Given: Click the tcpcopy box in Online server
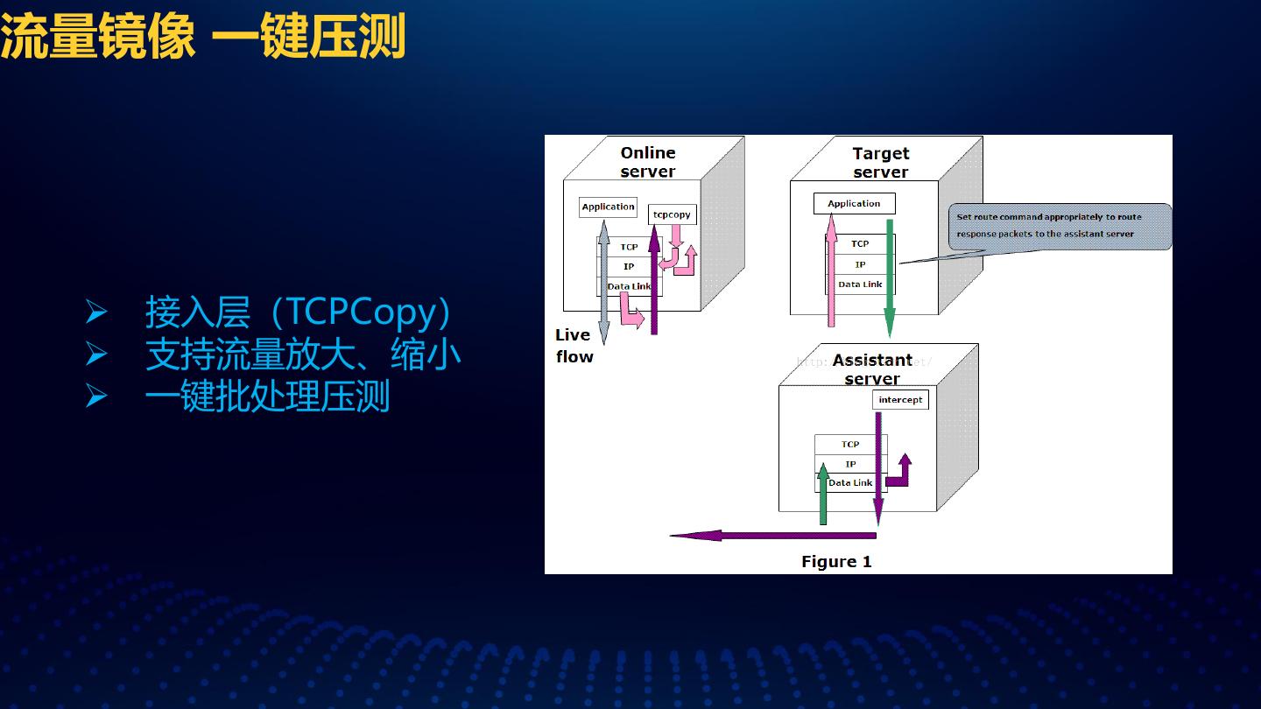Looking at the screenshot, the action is [672, 214].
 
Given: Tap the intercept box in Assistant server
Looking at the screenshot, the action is [900, 400].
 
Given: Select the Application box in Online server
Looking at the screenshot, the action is [608, 207].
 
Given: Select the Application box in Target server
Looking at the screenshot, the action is [854, 204].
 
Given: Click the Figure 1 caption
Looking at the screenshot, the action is [836, 562].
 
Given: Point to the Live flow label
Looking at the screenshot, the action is [574, 346].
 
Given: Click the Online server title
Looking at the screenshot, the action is [648, 163].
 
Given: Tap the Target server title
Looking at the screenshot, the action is [880, 163].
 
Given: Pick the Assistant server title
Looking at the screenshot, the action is [872, 369].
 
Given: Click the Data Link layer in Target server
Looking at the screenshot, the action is [860, 284].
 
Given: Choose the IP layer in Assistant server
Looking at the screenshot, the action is [850, 464].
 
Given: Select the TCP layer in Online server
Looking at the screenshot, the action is [629, 247].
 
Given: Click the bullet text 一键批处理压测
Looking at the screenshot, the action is [267, 397].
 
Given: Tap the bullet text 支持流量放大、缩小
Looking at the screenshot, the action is [302, 354].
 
